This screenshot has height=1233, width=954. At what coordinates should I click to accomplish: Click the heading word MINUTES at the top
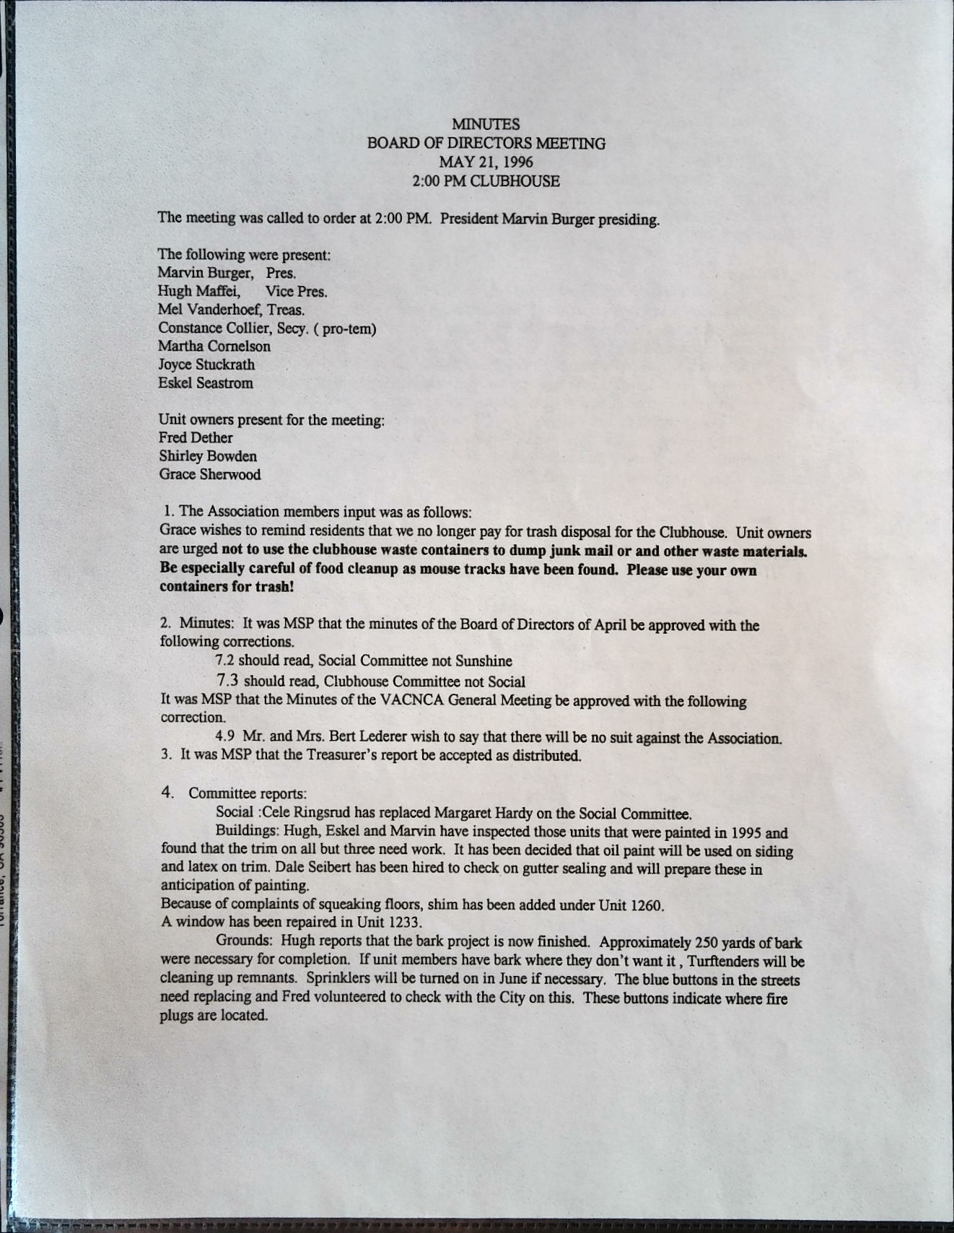click(485, 125)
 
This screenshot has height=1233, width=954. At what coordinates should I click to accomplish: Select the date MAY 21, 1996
click(486, 162)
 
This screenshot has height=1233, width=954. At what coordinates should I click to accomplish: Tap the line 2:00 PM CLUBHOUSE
click(486, 181)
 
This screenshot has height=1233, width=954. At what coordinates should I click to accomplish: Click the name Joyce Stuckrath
click(206, 365)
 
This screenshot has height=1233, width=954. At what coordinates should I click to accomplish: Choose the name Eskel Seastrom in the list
click(206, 383)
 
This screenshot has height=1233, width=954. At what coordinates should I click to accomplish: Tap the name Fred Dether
click(196, 438)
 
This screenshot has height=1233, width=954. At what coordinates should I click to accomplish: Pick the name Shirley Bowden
click(208, 456)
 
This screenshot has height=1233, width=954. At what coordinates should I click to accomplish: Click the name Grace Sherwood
click(210, 475)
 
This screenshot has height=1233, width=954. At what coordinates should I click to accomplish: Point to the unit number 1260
click(646, 905)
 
